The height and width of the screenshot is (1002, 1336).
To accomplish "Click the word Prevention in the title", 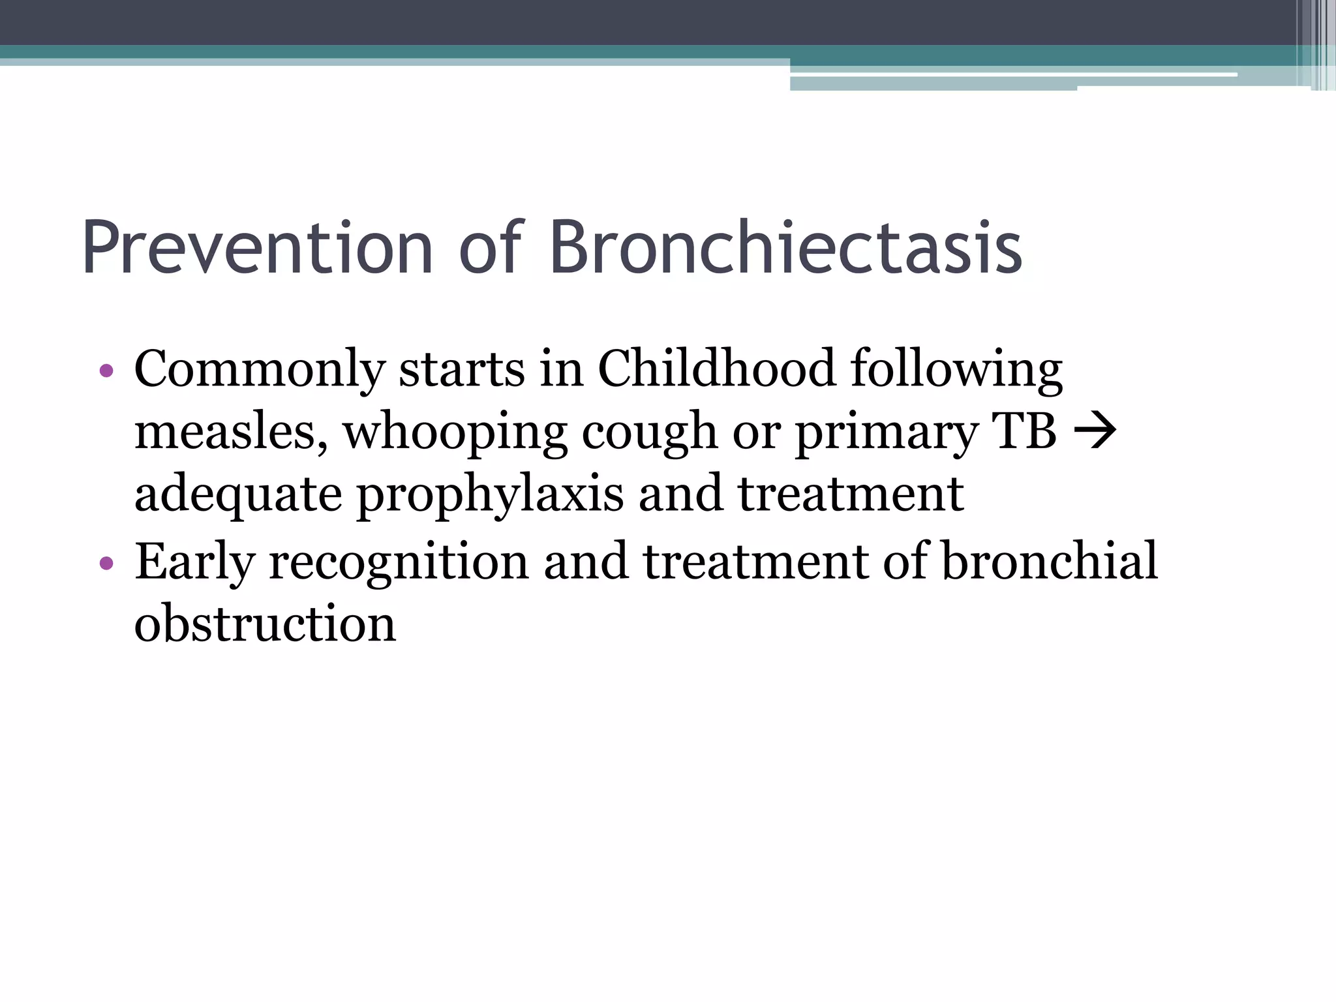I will click(x=257, y=248).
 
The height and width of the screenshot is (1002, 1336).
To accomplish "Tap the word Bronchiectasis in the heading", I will click(x=785, y=248).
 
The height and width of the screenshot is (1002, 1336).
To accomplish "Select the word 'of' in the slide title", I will click(x=491, y=248).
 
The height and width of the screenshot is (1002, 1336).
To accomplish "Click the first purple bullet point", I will click(x=107, y=372).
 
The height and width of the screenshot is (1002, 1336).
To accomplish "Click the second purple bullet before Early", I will click(x=107, y=563).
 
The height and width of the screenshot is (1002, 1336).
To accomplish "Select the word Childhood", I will click(x=716, y=369).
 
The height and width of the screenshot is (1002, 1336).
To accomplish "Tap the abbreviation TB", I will click(x=1024, y=431).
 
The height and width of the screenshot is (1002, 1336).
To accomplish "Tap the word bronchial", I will click(x=1050, y=561).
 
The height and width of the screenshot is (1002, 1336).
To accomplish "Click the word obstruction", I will click(x=265, y=624).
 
